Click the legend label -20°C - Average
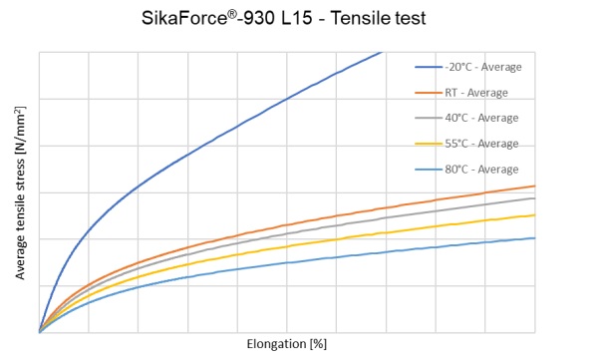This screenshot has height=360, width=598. [483, 67]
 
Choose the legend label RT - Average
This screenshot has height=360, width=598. [475, 93]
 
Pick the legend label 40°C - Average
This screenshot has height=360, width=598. [482, 118]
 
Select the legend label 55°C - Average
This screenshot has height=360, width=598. [482, 144]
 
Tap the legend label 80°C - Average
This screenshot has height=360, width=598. [482, 170]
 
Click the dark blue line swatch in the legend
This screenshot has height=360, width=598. [429, 67]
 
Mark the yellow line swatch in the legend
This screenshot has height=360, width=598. [429, 144]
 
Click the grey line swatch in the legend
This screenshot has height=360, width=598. [429, 118]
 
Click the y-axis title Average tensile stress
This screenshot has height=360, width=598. [19, 190]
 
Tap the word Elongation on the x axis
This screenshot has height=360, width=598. [275, 344]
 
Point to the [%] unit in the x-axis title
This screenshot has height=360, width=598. [317, 344]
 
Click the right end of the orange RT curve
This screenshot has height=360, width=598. [534, 186]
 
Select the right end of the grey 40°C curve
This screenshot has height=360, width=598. [534, 198]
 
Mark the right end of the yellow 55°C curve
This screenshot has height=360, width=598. [534, 215]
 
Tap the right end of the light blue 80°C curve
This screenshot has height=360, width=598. [534, 238]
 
